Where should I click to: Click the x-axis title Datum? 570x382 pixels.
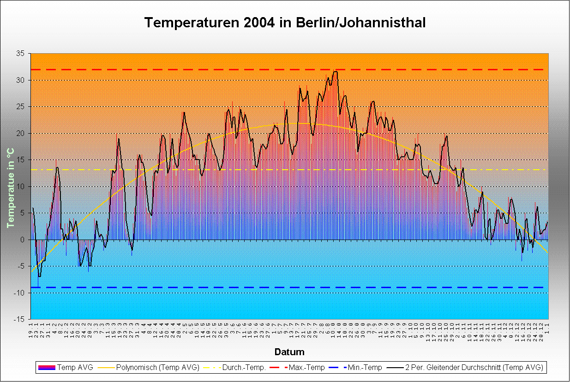coord(289,352)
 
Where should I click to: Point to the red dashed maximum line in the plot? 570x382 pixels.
coord(277,69)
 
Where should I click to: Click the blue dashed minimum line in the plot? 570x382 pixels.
coord(277,288)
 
